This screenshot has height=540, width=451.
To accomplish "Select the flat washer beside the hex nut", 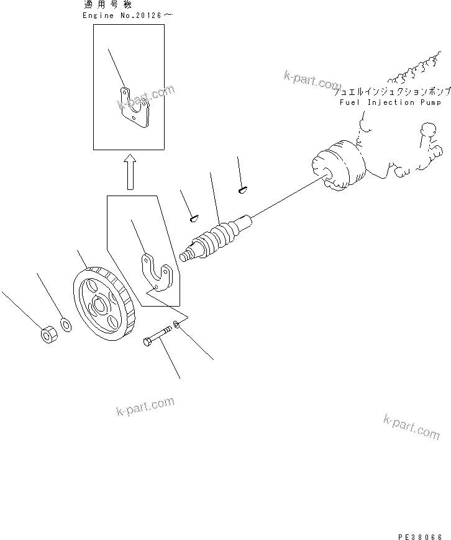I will (64, 325).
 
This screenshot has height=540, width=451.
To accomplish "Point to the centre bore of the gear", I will (98, 306).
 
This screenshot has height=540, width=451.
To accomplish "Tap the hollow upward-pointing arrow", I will (129, 172).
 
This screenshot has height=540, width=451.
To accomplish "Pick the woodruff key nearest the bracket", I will (193, 217).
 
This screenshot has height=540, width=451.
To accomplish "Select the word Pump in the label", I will (432, 102).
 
